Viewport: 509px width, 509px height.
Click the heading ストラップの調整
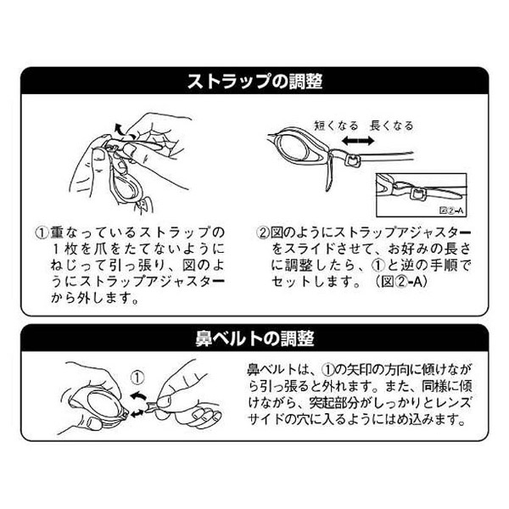coord(255,81)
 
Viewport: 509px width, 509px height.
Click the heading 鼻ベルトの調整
coord(255,338)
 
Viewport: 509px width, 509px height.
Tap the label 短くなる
coord(336,126)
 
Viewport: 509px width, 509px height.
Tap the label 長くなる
coord(391,126)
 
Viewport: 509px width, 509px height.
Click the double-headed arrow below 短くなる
coord(358,141)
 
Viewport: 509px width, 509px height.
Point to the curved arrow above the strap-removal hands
coord(120,129)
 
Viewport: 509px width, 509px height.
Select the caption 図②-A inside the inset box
coord(451,210)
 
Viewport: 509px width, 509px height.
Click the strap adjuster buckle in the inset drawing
coord(417,194)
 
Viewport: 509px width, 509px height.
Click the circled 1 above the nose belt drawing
coord(137,378)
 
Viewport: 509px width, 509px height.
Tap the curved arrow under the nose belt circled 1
coord(138,395)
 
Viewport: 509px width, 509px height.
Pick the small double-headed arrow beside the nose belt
coord(137,413)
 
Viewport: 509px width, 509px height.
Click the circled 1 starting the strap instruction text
coord(42,232)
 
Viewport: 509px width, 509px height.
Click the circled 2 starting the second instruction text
coord(263,232)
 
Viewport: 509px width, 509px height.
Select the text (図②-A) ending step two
coord(401,282)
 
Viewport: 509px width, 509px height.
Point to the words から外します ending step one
coord(93,298)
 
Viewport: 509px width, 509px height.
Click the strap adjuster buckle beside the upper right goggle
coord(352,160)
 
